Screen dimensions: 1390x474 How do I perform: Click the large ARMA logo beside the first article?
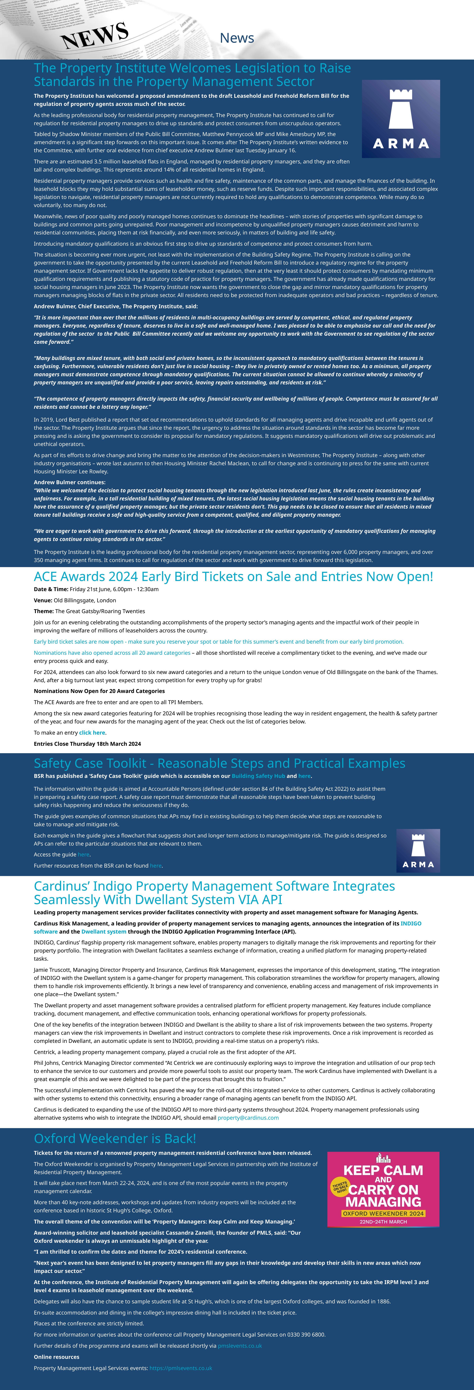tap(401, 119)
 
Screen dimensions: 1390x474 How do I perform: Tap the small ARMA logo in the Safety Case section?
tap(418, 850)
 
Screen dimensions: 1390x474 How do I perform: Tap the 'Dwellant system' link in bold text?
tap(104, 931)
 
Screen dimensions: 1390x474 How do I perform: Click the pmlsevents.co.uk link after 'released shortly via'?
tap(240, 1346)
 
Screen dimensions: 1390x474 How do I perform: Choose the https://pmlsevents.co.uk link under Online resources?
tap(180, 1368)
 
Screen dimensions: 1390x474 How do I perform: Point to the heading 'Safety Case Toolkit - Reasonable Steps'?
tap(219, 763)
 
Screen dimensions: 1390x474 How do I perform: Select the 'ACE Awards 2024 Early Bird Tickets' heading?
tap(233, 576)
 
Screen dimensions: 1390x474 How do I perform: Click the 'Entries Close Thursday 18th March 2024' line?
tap(88, 744)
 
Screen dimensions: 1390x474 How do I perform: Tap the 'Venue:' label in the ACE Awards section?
tap(43, 600)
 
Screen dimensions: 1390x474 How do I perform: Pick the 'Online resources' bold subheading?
tap(56, 1357)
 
